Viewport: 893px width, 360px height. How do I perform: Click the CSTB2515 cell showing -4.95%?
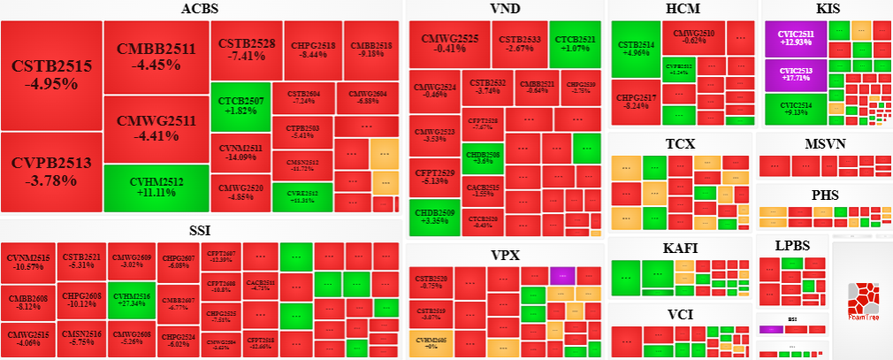click(51, 75)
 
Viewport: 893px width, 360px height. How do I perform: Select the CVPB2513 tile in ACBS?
click(51, 172)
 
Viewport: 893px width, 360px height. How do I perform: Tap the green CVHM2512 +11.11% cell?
click(156, 188)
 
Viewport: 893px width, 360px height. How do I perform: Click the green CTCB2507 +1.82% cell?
click(239, 106)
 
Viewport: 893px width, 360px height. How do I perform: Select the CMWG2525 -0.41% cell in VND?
click(449, 44)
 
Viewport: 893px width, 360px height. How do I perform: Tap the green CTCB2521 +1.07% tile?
click(575, 44)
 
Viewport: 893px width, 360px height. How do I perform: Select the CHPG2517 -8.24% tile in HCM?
click(636, 102)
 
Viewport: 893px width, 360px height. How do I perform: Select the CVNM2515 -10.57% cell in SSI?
click(28, 262)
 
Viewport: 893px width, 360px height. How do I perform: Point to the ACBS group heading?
click(200, 10)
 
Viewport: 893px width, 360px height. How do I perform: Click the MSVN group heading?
click(825, 145)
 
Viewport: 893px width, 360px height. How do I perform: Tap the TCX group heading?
click(680, 144)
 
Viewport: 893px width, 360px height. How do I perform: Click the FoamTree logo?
click(861, 300)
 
